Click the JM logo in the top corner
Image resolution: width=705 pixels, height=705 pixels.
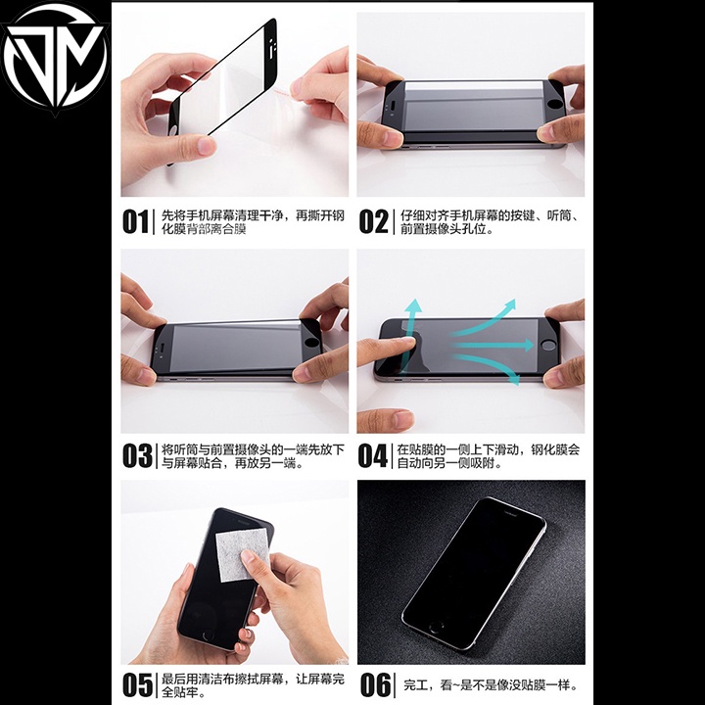(x=56, y=59)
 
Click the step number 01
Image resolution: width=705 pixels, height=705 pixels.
(x=135, y=221)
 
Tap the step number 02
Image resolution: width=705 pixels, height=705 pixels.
(x=373, y=221)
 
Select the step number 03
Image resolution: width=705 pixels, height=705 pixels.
(x=136, y=456)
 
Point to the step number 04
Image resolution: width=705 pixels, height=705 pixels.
(x=373, y=456)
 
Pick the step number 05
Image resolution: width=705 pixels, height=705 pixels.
(x=136, y=684)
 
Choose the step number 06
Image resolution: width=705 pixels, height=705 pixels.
(x=375, y=684)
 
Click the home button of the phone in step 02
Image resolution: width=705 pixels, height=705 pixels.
(x=556, y=104)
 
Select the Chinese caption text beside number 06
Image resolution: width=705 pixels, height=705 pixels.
(x=490, y=684)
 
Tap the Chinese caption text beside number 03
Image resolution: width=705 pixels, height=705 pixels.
(x=253, y=456)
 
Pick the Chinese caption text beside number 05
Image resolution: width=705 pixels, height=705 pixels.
(x=253, y=684)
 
